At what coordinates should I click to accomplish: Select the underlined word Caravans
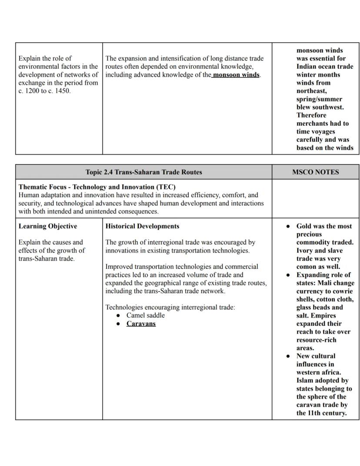click(x=141, y=324)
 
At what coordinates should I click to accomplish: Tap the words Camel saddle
click(x=146, y=315)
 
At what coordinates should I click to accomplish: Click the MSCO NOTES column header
click(x=315, y=172)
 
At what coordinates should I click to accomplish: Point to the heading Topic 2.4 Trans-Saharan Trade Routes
click(x=144, y=172)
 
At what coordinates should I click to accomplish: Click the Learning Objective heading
click(x=48, y=226)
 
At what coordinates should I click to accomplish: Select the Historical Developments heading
click(x=142, y=226)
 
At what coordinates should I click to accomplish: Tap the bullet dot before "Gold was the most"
click(x=288, y=226)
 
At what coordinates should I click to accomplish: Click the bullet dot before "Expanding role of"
click(x=288, y=275)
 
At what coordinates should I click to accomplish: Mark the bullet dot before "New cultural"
click(x=288, y=356)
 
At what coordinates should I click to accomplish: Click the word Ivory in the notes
click(x=305, y=251)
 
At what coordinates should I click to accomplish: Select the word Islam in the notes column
click(x=306, y=381)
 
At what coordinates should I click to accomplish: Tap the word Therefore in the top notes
click(x=311, y=115)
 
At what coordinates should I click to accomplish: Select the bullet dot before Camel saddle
click(x=119, y=315)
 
